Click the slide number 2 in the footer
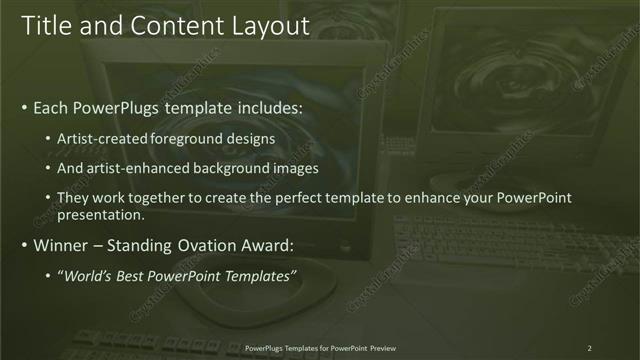pos(589,348)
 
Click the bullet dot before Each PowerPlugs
pos(24,107)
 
